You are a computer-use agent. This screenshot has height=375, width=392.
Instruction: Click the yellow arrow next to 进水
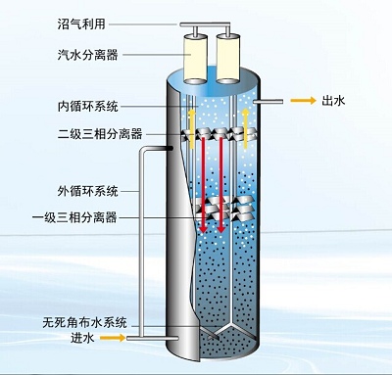tap(114, 339)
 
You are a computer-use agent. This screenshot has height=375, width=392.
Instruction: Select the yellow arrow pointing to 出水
tap(298, 100)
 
